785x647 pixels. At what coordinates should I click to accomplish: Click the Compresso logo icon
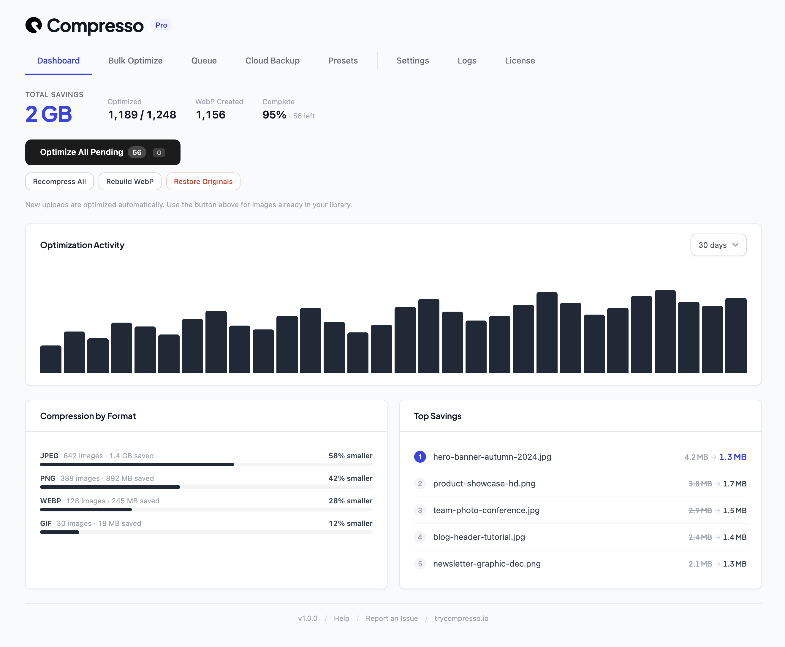[x=34, y=25]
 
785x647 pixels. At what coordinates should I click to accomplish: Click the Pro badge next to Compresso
[x=161, y=25]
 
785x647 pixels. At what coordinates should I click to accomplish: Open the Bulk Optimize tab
[x=135, y=61]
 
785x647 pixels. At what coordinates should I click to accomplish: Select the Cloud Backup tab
[x=272, y=61]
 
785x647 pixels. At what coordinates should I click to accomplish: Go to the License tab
[x=520, y=61]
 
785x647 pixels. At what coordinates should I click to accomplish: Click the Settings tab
[x=412, y=61]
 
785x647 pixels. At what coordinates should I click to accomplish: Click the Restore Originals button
[x=203, y=182]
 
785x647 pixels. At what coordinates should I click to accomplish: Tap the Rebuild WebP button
[x=130, y=182]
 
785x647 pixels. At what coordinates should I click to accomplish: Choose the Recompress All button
[x=59, y=182]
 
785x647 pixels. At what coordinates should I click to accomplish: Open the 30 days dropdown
[x=718, y=245]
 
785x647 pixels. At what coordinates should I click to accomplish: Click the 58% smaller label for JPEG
[x=350, y=456]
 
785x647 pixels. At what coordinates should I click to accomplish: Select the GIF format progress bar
[x=206, y=532]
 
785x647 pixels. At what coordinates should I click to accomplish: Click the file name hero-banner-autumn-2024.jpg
[x=492, y=457]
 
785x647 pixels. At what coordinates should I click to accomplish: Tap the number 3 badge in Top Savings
[x=420, y=510]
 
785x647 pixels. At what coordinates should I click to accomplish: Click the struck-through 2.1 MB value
[x=699, y=564]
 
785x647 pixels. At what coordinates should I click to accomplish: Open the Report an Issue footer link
[x=391, y=618]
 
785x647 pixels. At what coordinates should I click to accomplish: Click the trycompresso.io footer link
[x=461, y=618]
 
